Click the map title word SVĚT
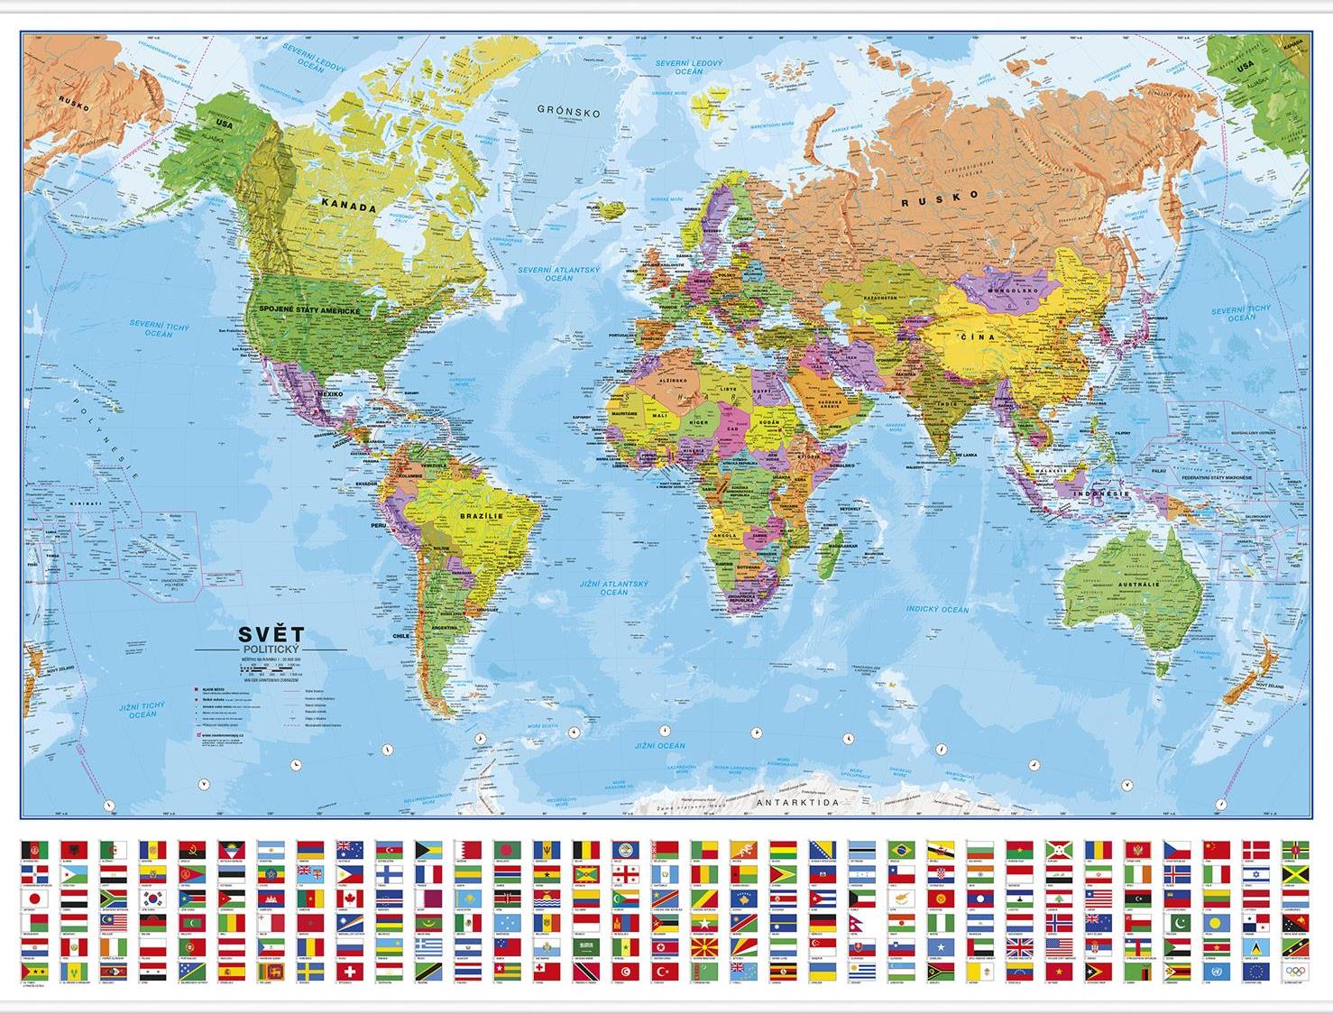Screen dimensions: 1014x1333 click(271, 634)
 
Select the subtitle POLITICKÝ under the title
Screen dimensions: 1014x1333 click(271, 650)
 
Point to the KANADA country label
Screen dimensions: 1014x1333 click(349, 207)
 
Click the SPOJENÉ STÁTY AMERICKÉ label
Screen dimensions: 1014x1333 click(309, 310)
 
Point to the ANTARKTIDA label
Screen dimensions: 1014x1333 click(797, 801)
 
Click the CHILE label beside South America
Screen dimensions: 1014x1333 click(400, 635)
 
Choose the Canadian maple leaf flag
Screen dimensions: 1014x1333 click(349, 899)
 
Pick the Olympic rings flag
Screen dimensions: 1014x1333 click(1293, 973)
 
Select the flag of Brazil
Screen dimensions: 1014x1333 click(899, 851)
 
